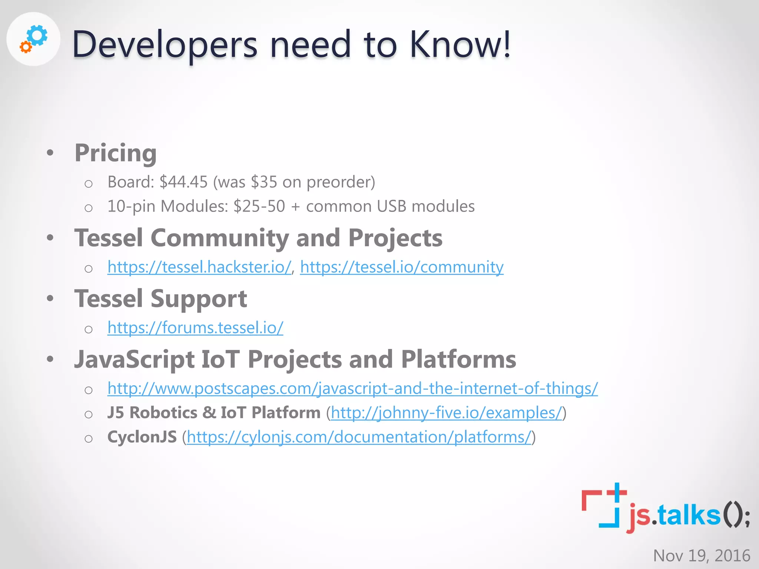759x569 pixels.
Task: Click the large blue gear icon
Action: tap(38, 36)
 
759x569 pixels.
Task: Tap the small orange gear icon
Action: tap(26, 47)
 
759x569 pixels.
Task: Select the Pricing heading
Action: tap(116, 153)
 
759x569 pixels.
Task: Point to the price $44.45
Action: tap(183, 182)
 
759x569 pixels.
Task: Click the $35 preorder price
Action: tap(264, 182)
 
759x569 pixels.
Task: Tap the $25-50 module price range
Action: tap(259, 206)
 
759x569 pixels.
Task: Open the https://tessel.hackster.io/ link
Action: tap(199, 267)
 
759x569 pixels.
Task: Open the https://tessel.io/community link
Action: tap(402, 267)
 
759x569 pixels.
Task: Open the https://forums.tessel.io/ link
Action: tap(195, 327)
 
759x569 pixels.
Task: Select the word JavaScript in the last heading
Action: tap(135, 359)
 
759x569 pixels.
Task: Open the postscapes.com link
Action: tap(352, 388)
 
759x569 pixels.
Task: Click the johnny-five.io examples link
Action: tap(447, 413)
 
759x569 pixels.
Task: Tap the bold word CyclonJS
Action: tap(142, 437)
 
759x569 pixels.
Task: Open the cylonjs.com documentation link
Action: tap(359, 437)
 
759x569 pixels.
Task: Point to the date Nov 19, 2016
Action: tap(702, 556)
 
